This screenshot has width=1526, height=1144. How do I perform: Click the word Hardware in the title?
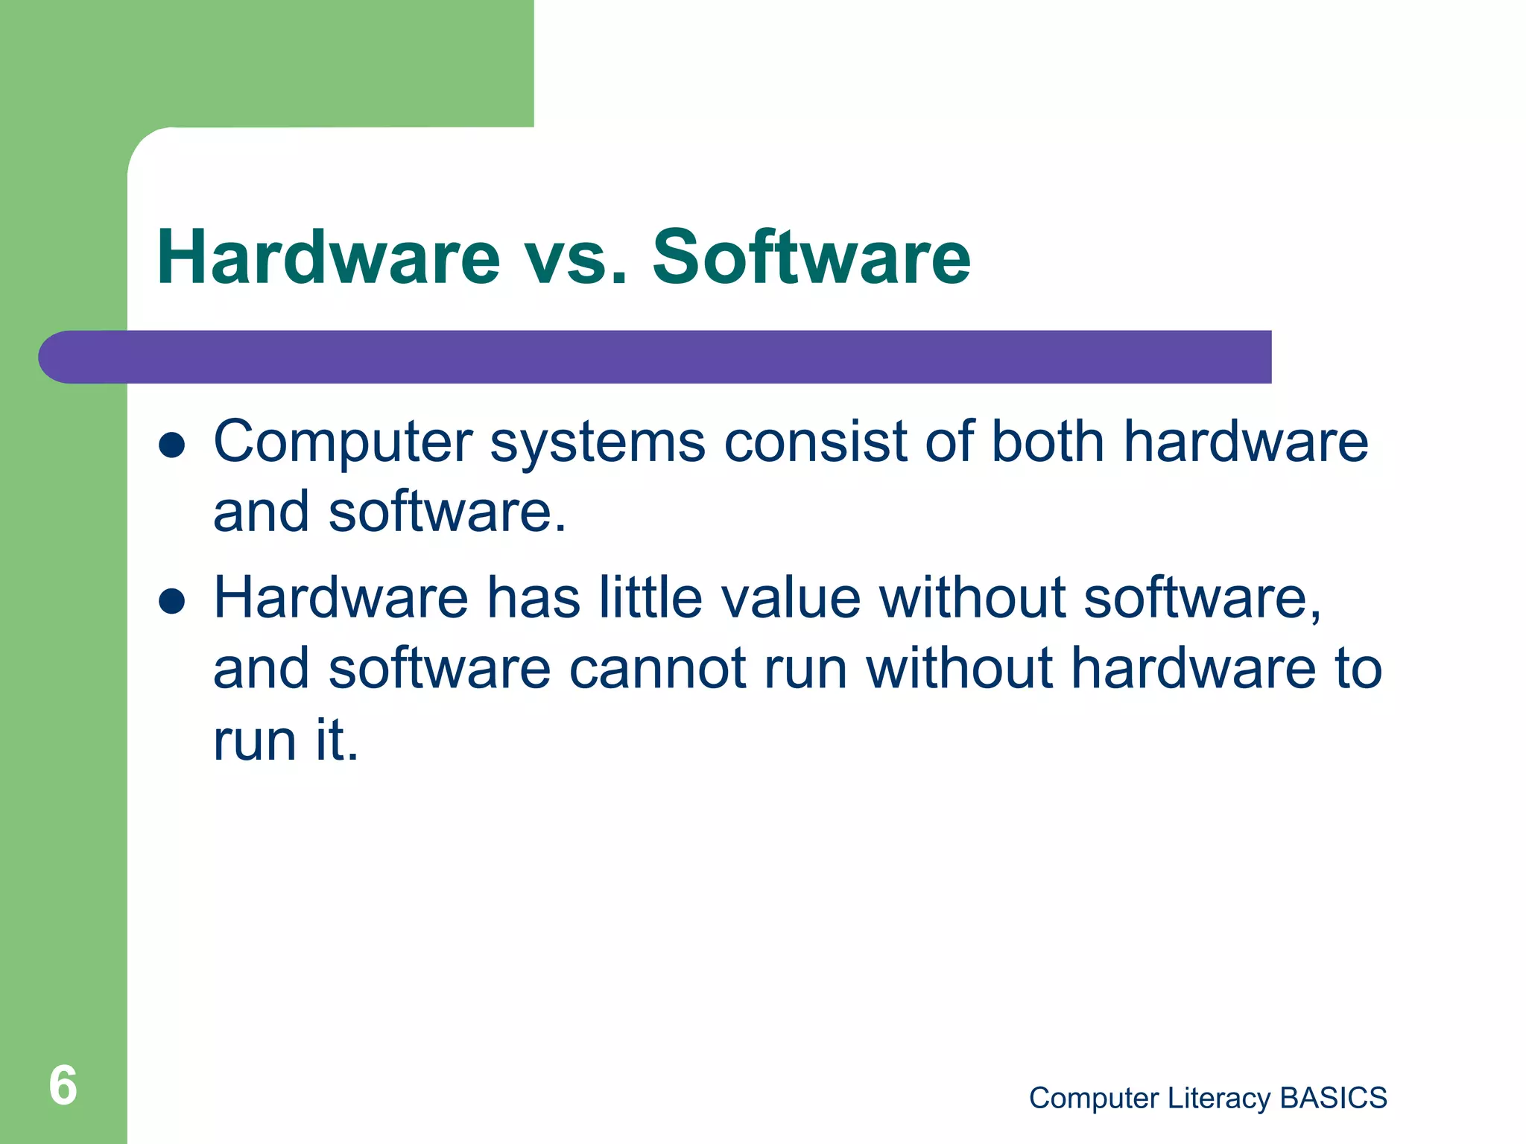coord(328,258)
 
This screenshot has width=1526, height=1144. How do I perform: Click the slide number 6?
coord(63,1086)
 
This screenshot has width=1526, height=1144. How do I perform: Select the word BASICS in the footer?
coord(1333,1099)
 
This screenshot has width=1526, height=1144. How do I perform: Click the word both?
coord(1048,442)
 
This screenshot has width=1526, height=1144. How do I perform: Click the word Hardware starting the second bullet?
coord(341,597)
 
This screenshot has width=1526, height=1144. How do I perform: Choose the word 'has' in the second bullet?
coord(534,597)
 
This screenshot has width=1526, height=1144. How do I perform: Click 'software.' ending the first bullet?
coord(447,512)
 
